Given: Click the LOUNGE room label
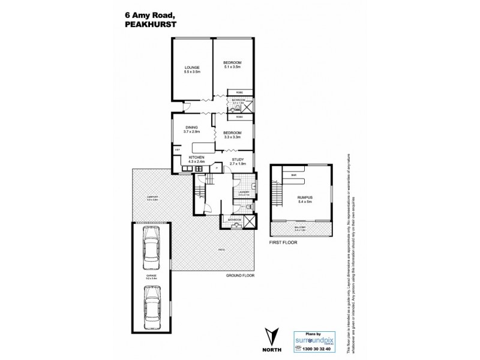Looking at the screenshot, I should (x=192, y=67).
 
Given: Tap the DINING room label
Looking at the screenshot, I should (x=192, y=127).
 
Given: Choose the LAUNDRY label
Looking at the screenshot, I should (x=243, y=192).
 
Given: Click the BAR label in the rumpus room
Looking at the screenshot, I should (x=294, y=175).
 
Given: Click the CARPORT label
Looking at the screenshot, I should (x=152, y=197).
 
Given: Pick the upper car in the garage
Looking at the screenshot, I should (x=152, y=249).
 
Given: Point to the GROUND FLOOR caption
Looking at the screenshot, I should (x=240, y=275).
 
